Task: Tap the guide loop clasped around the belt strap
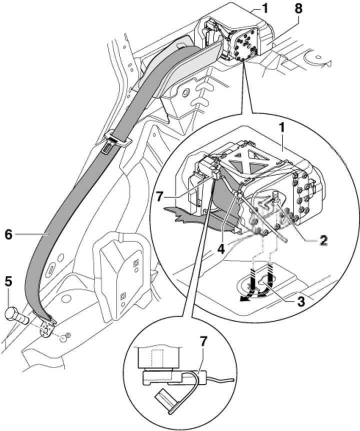pos(115,140)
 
